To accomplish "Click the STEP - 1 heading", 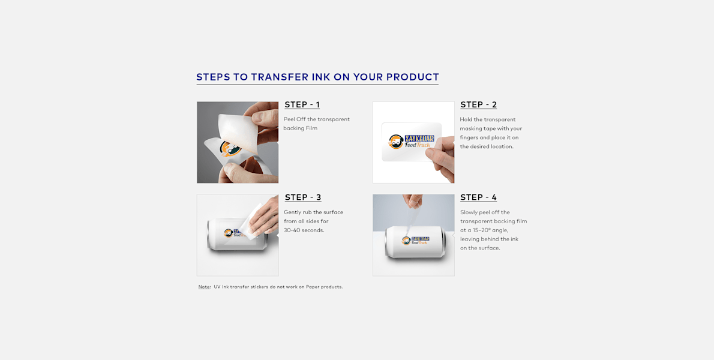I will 302,105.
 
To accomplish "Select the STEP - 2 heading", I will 478,105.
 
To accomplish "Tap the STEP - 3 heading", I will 302,197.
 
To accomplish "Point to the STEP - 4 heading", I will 478,197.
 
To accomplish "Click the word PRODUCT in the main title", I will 413,77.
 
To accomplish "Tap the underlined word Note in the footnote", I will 204,287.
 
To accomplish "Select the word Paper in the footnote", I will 313,287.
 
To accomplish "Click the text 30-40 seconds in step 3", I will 304,230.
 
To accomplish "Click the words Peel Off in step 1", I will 295,119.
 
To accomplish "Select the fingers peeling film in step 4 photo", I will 414,202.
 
